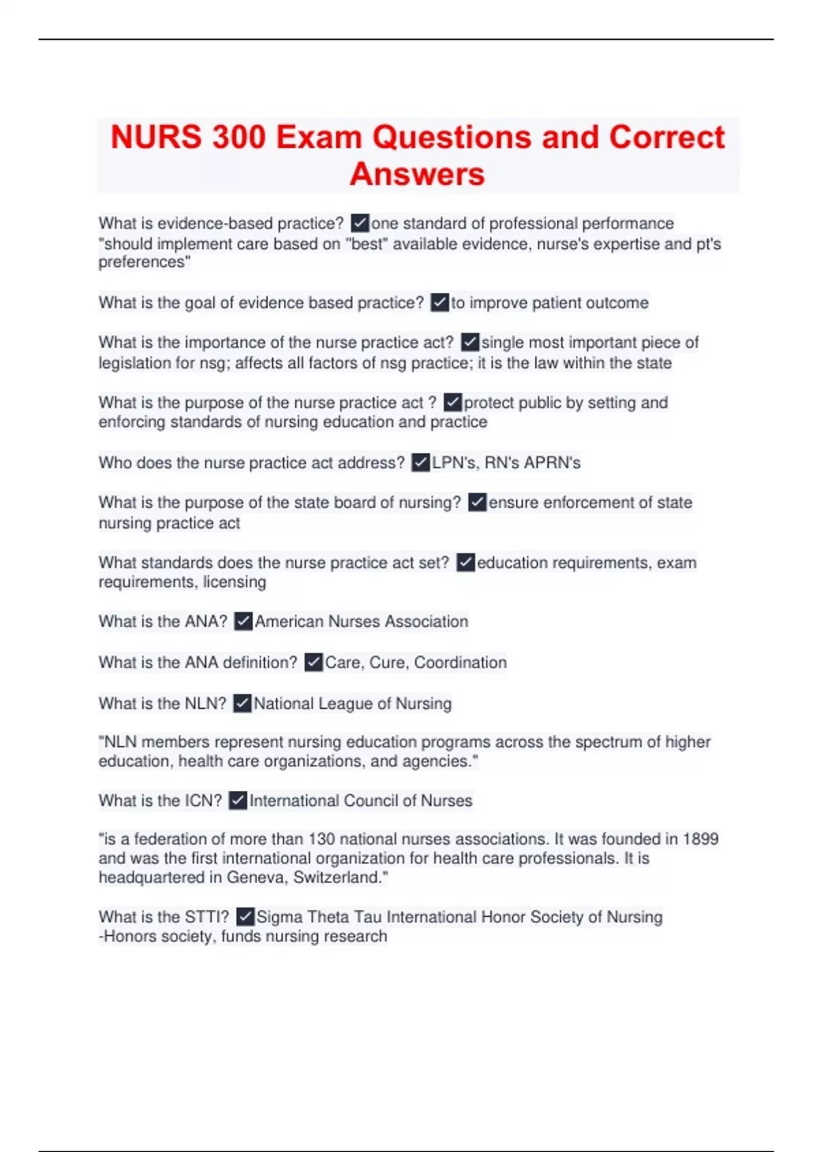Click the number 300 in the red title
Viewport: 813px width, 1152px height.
tap(238, 138)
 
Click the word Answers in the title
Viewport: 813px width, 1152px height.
tap(417, 174)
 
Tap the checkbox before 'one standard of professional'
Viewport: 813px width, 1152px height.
tap(360, 223)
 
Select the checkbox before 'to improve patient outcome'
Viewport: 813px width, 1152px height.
tap(440, 302)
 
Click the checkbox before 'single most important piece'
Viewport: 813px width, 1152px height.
tap(470, 342)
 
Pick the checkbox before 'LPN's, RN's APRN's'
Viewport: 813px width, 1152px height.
tap(421, 463)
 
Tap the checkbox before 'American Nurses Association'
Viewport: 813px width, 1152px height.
tap(243, 621)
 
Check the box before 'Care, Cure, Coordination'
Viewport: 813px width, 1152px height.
tap(313, 662)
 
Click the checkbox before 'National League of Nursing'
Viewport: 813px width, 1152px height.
tap(242, 703)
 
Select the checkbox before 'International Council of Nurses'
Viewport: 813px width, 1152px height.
tap(238, 800)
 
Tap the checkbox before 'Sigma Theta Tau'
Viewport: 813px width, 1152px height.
tap(245, 917)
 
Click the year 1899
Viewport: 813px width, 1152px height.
tap(700, 839)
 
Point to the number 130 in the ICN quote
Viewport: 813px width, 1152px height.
tap(322, 839)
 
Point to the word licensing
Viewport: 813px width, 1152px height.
tap(234, 582)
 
